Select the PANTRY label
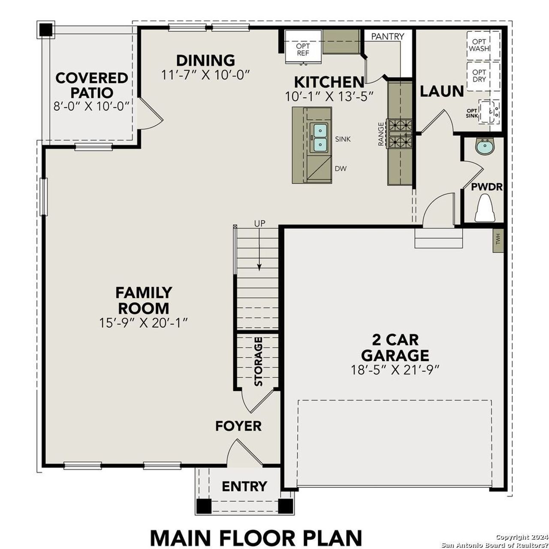[387, 36]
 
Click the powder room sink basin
[485, 147]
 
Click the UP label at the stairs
[259, 223]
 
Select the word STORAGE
[258, 362]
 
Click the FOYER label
[238, 426]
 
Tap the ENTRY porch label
[244, 486]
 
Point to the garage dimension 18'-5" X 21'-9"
[395, 370]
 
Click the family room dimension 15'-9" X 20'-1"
[144, 323]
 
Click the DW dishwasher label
[341, 169]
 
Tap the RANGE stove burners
[400, 133]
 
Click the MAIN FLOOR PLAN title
[256, 538]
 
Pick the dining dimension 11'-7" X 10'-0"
[205, 74]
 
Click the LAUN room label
[441, 91]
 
